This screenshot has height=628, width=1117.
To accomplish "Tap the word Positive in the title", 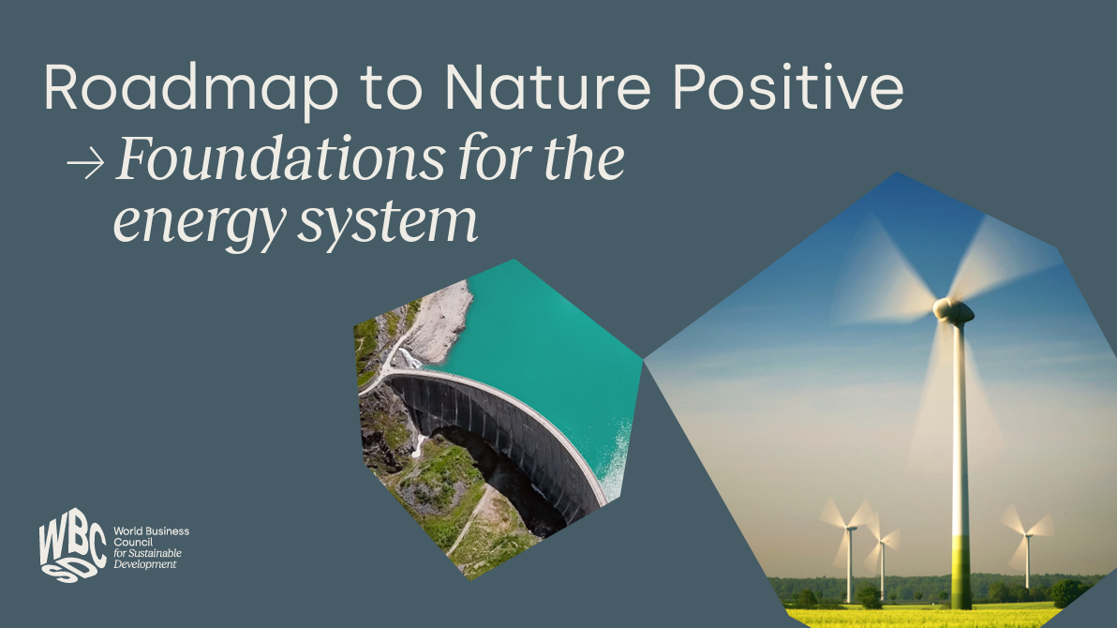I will click(x=769, y=89).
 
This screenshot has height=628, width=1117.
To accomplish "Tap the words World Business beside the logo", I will click(x=151, y=531).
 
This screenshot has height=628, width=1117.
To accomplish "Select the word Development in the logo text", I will click(x=144, y=564).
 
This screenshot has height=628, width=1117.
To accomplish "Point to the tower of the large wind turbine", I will click(x=960, y=469).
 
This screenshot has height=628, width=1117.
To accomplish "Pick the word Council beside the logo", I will click(x=131, y=543).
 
